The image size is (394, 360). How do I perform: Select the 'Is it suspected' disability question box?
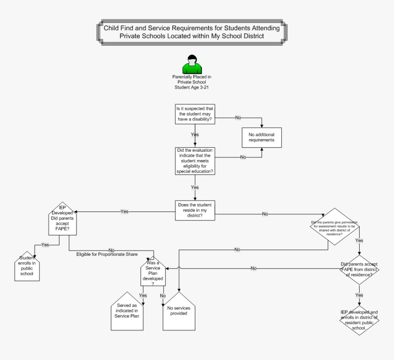[196, 114]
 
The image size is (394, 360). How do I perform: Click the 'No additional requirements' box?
[261, 137]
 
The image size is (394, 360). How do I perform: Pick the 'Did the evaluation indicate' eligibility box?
[196, 161]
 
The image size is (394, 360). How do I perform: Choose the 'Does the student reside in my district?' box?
[196, 210]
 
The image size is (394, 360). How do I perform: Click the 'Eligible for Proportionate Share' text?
[107, 254]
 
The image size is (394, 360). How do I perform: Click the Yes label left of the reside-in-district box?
[124, 211]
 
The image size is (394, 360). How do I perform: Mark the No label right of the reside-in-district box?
[265, 214]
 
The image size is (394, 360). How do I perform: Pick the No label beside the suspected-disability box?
[238, 118]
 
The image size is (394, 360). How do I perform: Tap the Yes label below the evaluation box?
[195, 188]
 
